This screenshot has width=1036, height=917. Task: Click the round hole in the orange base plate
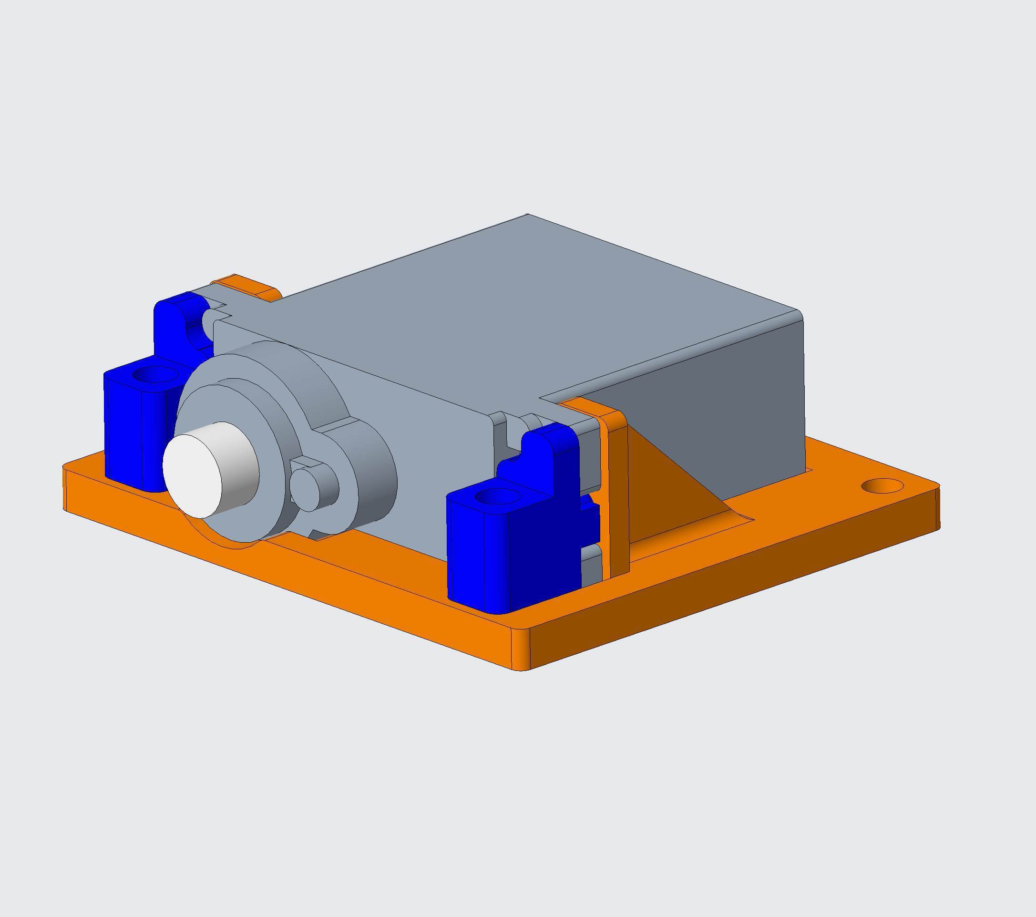tap(882, 486)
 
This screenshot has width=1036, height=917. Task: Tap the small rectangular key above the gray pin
tap(307, 462)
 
